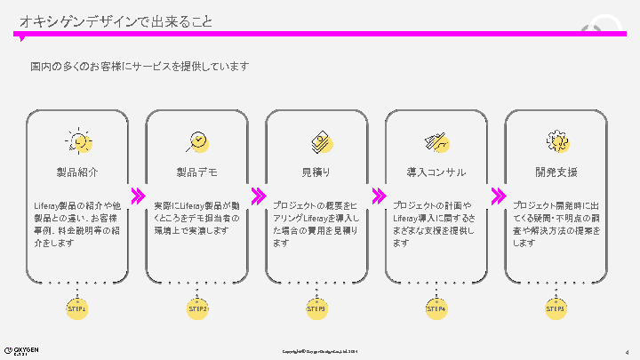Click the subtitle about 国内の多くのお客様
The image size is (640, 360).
(139, 66)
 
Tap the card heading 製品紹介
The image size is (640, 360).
(78, 171)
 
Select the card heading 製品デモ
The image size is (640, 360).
(197, 171)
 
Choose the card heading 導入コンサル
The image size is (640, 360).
(436, 171)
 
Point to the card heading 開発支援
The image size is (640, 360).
(556, 171)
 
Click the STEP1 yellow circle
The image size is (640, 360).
(78, 308)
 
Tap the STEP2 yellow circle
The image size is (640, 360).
(197, 308)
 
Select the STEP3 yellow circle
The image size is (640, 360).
(316, 308)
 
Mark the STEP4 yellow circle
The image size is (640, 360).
(436, 308)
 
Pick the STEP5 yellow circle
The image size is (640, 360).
(556, 308)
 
